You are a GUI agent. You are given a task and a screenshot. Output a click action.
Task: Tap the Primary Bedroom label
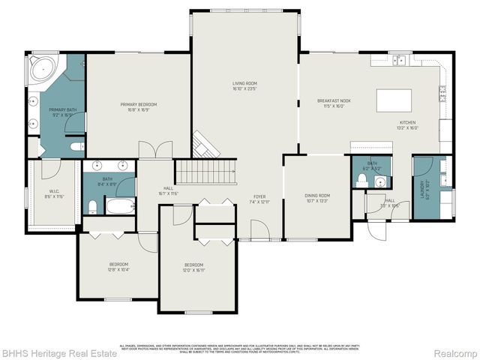[x=138, y=106]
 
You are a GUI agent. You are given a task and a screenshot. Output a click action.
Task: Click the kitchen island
[x=394, y=100]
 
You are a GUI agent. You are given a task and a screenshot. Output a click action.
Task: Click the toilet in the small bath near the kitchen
[x=361, y=181]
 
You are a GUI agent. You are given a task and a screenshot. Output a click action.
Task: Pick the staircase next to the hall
[x=205, y=172]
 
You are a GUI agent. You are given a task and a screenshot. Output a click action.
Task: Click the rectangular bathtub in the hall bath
[x=120, y=205]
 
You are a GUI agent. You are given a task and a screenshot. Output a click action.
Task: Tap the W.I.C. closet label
[x=54, y=193]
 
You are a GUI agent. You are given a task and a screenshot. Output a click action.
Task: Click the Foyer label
[x=258, y=199]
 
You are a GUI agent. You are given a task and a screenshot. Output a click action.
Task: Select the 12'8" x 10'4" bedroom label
[x=118, y=266]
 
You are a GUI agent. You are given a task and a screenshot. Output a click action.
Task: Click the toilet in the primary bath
[x=77, y=147]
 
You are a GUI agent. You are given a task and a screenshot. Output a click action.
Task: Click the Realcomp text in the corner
[x=455, y=353]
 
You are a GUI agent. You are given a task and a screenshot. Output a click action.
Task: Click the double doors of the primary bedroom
[x=155, y=149]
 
